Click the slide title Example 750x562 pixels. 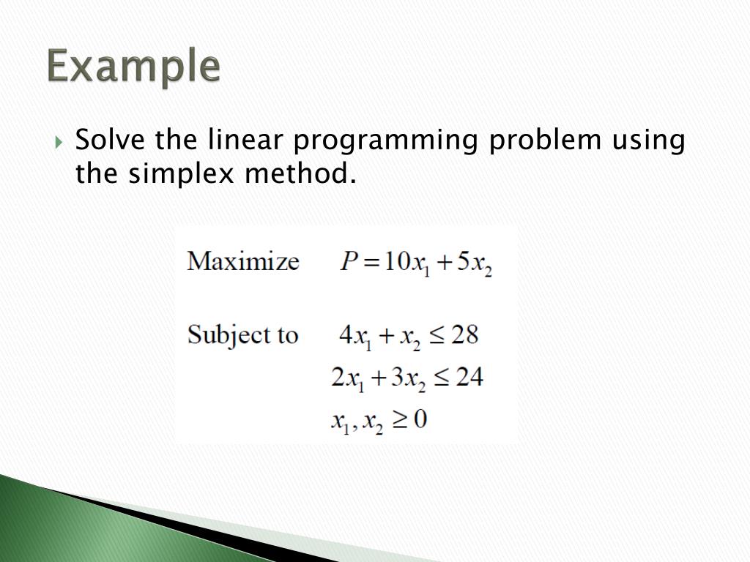(x=134, y=68)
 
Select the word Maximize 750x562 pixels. (x=242, y=261)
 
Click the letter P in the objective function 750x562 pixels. (x=348, y=262)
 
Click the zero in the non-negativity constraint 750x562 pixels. (x=419, y=420)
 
